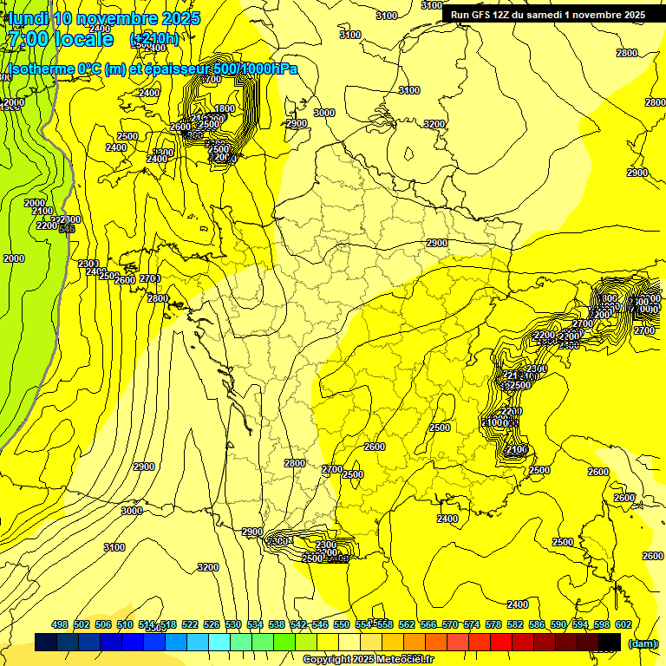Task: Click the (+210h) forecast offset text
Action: (154, 39)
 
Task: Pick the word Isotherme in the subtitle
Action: (41, 69)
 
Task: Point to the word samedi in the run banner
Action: (556, 15)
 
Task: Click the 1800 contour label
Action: (225, 108)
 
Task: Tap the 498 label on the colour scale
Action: (60, 624)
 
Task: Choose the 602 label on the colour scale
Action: (623, 624)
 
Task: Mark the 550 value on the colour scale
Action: (342, 624)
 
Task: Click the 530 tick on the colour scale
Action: (233, 624)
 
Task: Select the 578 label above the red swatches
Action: (493, 624)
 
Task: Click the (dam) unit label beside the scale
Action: (642, 643)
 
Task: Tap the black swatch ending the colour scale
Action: (610, 642)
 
